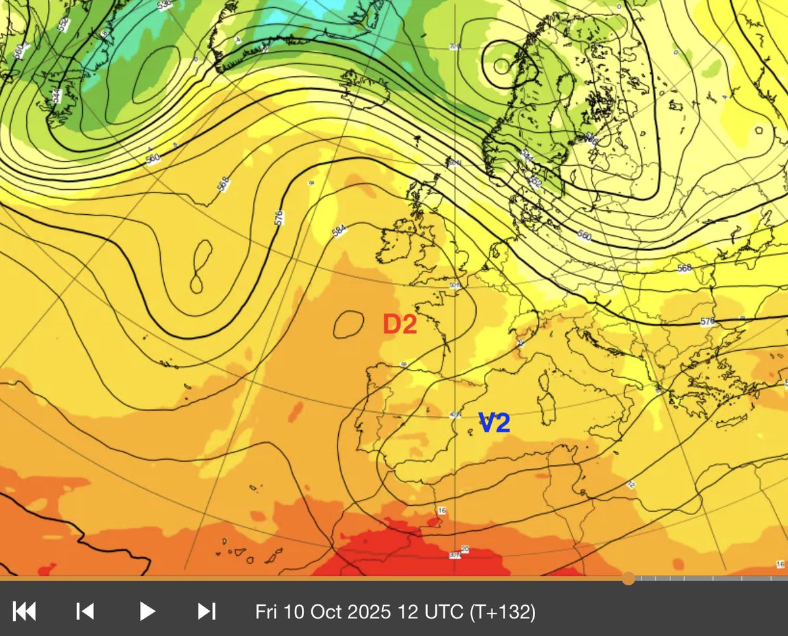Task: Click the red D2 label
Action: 401,325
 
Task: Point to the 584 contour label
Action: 339,231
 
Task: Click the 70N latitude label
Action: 453,47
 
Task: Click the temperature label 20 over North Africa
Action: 465,549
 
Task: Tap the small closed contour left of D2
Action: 349,324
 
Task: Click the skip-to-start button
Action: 24,612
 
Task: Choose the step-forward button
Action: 207,612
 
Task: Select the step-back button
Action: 85,612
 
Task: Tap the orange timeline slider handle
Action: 628,578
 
